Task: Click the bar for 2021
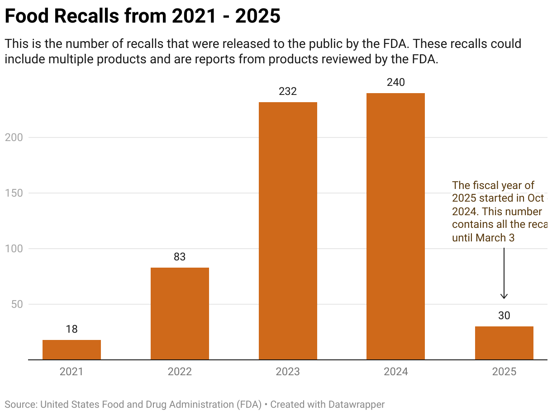click(71, 349)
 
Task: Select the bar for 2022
click(180, 313)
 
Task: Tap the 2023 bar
click(288, 231)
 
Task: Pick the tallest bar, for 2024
click(395, 226)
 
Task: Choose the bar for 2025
click(504, 343)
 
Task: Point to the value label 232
click(288, 91)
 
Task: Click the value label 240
click(395, 82)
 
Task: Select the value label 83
click(180, 257)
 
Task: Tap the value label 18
click(71, 329)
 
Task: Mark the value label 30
click(504, 316)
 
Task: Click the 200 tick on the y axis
click(14, 137)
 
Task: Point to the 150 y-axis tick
click(14, 193)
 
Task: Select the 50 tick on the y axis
click(16, 304)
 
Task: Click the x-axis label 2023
click(288, 372)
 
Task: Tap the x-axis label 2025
click(504, 372)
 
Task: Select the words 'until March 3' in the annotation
click(483, 237)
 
